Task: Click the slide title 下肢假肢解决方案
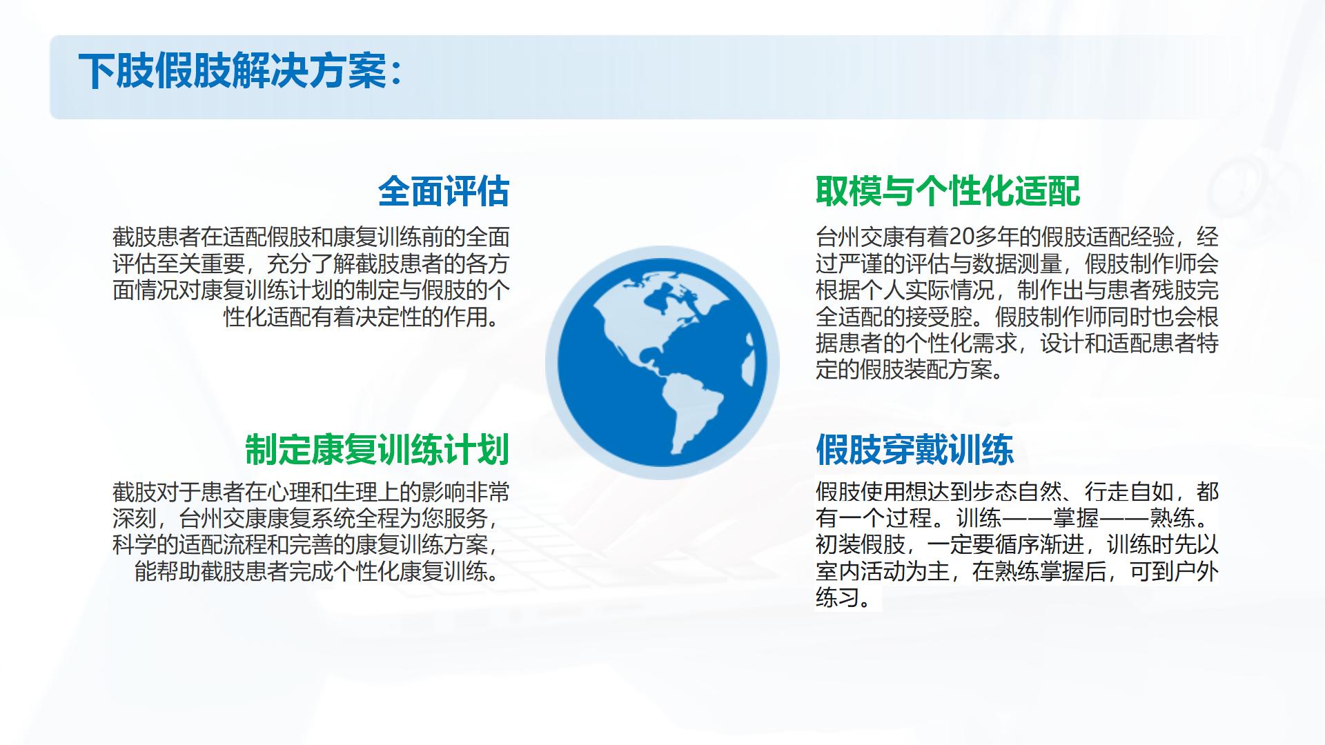[233, 72]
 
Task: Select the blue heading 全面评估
[444, 191]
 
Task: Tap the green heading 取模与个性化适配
[948, 191]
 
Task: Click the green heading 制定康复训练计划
[377, 449]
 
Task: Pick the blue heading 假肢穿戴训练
[914, 449]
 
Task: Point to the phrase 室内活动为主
[883, 571]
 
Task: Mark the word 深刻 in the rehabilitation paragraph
[135, 518]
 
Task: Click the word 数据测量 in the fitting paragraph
[1018, 264]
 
